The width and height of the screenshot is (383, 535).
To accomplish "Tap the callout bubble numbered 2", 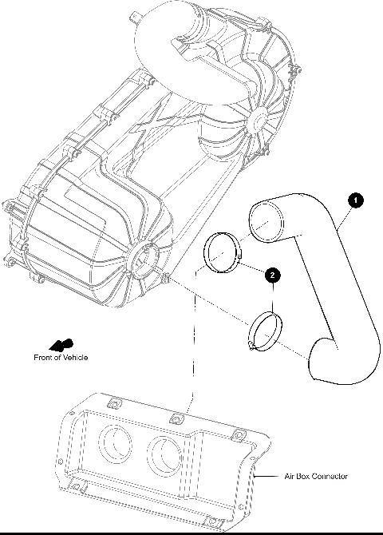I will click(273, 275).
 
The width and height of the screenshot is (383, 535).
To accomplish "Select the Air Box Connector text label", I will click(316, 476).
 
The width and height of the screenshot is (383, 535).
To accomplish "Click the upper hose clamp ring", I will click(222, 254).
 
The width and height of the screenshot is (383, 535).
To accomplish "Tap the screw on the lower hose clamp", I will click(251, 345).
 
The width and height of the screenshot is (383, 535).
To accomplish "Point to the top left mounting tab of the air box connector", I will click(113, 402).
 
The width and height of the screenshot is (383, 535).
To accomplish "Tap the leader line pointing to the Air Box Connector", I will click(270, 476).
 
